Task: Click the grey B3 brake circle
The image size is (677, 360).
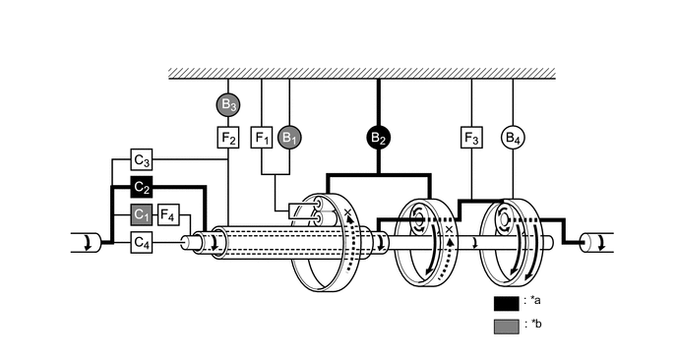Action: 228,102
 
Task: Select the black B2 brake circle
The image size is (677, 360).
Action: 379,138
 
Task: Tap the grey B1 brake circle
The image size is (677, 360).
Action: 289,138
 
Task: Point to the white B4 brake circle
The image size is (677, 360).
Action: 513,138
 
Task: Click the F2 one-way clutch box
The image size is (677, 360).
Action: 228,138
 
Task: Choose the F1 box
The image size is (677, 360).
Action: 262,138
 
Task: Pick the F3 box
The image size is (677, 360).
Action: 471,138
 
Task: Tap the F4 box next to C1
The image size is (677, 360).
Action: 168,213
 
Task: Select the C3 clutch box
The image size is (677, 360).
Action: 142,159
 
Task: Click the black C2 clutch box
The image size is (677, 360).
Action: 142,187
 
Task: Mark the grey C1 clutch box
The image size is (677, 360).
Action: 142,213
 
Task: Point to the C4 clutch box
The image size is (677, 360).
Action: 142,241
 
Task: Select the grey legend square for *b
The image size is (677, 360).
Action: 507,326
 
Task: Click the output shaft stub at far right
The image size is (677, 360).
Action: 596,242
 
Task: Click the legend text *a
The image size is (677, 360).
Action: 534,302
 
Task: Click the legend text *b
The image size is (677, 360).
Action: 534,325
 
